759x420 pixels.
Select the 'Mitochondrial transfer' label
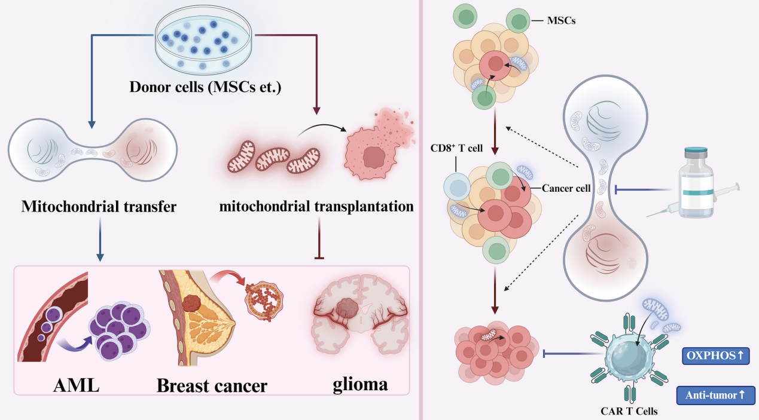coord(99,207)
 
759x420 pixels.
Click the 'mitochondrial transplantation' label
coord(316,207)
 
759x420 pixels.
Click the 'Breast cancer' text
coord(212,385)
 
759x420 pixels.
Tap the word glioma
coord(360,384)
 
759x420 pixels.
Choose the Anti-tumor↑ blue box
coord(715,395)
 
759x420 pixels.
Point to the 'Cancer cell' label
coord(566,188)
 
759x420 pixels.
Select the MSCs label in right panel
coord(561,22)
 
